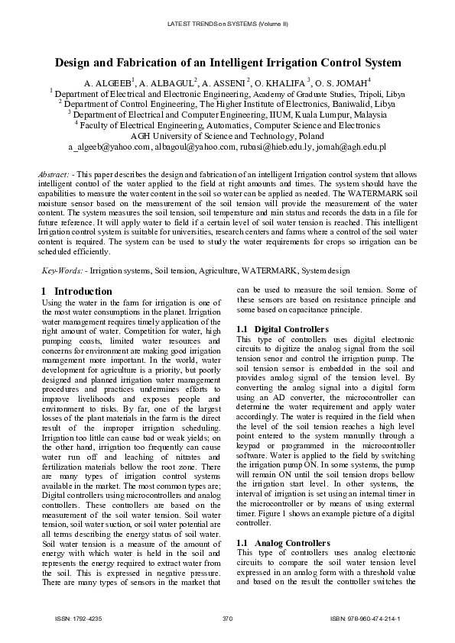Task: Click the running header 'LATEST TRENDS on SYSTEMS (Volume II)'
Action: (227, 24)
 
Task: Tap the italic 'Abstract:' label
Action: (54, 175)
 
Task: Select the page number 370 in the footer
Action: (227, 618)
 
